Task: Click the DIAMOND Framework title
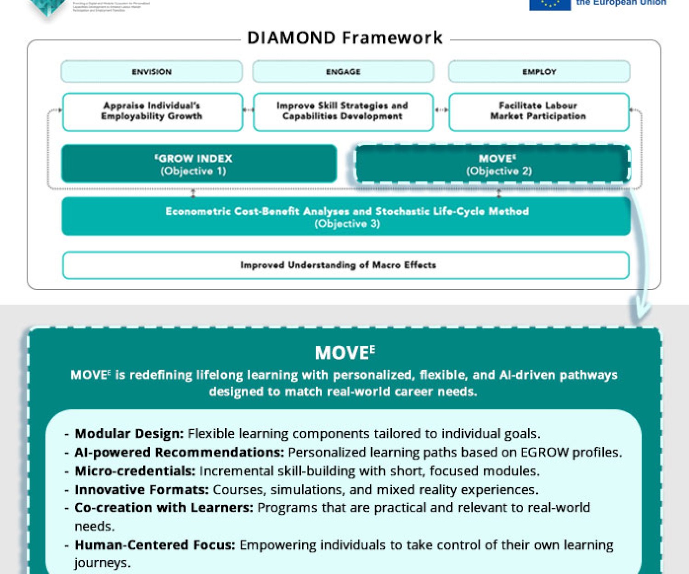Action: (344, 38)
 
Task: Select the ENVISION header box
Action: (152, 72)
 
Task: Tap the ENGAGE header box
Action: (343, 72)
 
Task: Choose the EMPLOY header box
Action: (539, 72)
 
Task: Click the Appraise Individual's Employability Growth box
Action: (152, 112)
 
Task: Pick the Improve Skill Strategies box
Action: (343, 112)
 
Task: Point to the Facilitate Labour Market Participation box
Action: (538, 112)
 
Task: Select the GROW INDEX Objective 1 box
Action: (198, 164)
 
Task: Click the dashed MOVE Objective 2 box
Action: (492, 164)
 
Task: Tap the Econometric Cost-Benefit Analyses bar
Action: (346, 217)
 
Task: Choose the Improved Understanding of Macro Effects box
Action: (345, 265)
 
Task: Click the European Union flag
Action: (550, 4)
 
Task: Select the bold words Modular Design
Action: (129, 433)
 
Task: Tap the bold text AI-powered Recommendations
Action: (179, 452)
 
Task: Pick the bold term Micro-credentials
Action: (135, 471)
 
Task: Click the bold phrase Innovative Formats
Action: (141, 490)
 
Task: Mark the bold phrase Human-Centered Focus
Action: (155, 545)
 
